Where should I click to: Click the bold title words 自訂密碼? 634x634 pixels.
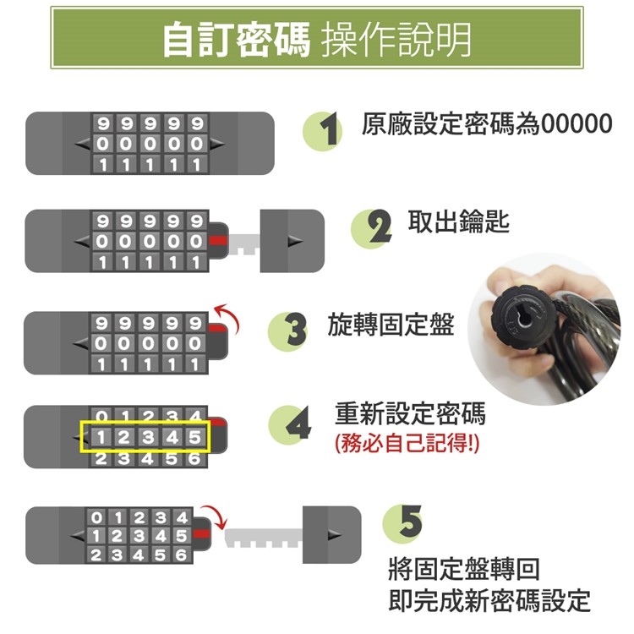(236, 39)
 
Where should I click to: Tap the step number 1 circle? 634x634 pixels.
(323, 131)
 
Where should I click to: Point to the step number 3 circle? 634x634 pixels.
(287, 331)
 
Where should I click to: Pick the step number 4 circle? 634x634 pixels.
(288, 425)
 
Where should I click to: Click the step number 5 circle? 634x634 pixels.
(402, 523)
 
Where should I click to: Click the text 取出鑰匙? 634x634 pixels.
(458, 221)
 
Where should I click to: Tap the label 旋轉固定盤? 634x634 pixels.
(391, 325)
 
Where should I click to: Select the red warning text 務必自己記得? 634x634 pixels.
(407, 443)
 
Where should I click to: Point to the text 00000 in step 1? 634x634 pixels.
(577, 123)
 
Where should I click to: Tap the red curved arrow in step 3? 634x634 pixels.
(228, 318)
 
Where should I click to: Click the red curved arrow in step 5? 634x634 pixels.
(215, 516)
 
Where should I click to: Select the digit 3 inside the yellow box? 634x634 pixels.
(148, 437)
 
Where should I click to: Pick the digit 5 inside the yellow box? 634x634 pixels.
(195, 437)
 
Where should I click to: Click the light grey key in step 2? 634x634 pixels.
(244, 243)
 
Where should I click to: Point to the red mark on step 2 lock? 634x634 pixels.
(218, 241)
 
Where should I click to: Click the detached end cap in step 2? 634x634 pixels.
(292, 241)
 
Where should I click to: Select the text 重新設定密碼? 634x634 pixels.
(410, 413)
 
